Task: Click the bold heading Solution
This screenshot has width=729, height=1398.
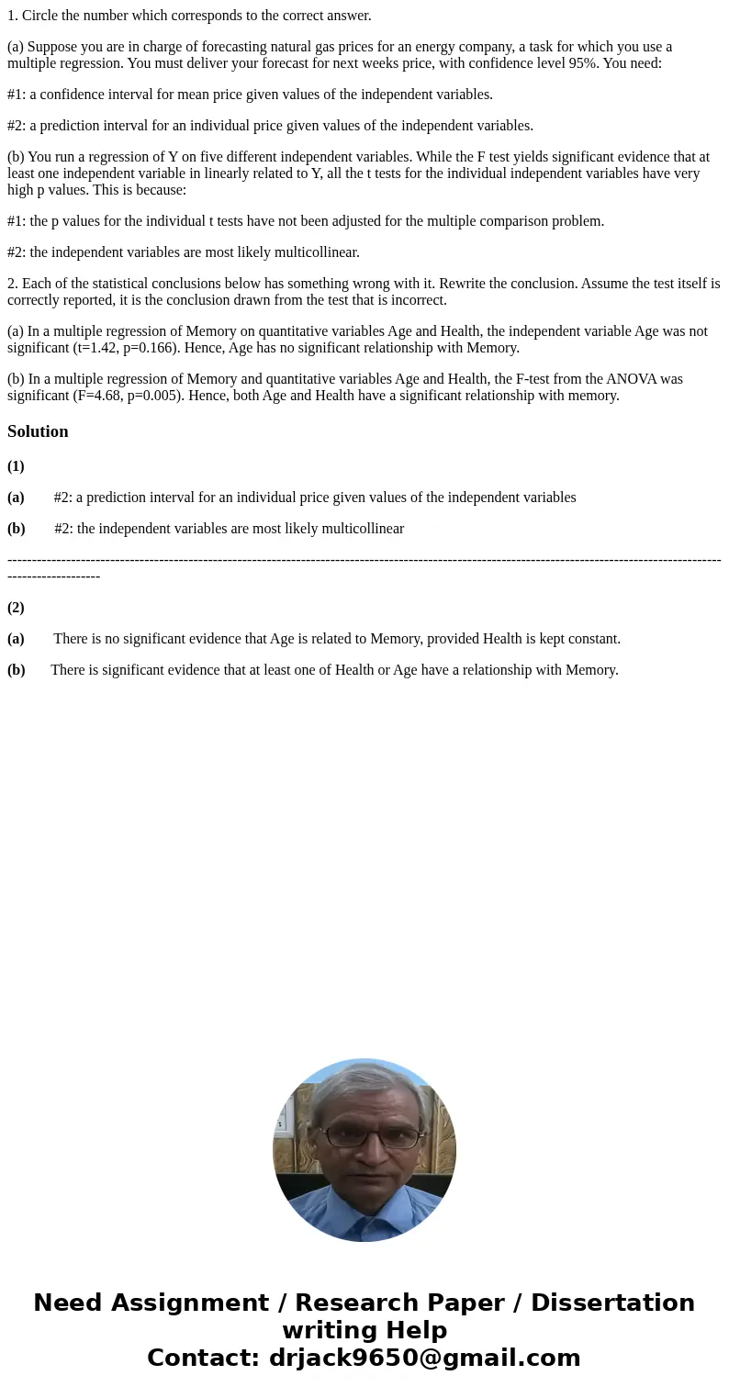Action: tap(38, 431)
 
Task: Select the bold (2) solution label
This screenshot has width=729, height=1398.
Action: tap(16, 608)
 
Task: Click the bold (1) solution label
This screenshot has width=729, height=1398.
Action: tap(16, 466)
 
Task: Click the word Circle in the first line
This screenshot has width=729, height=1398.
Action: tap(40, 16)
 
